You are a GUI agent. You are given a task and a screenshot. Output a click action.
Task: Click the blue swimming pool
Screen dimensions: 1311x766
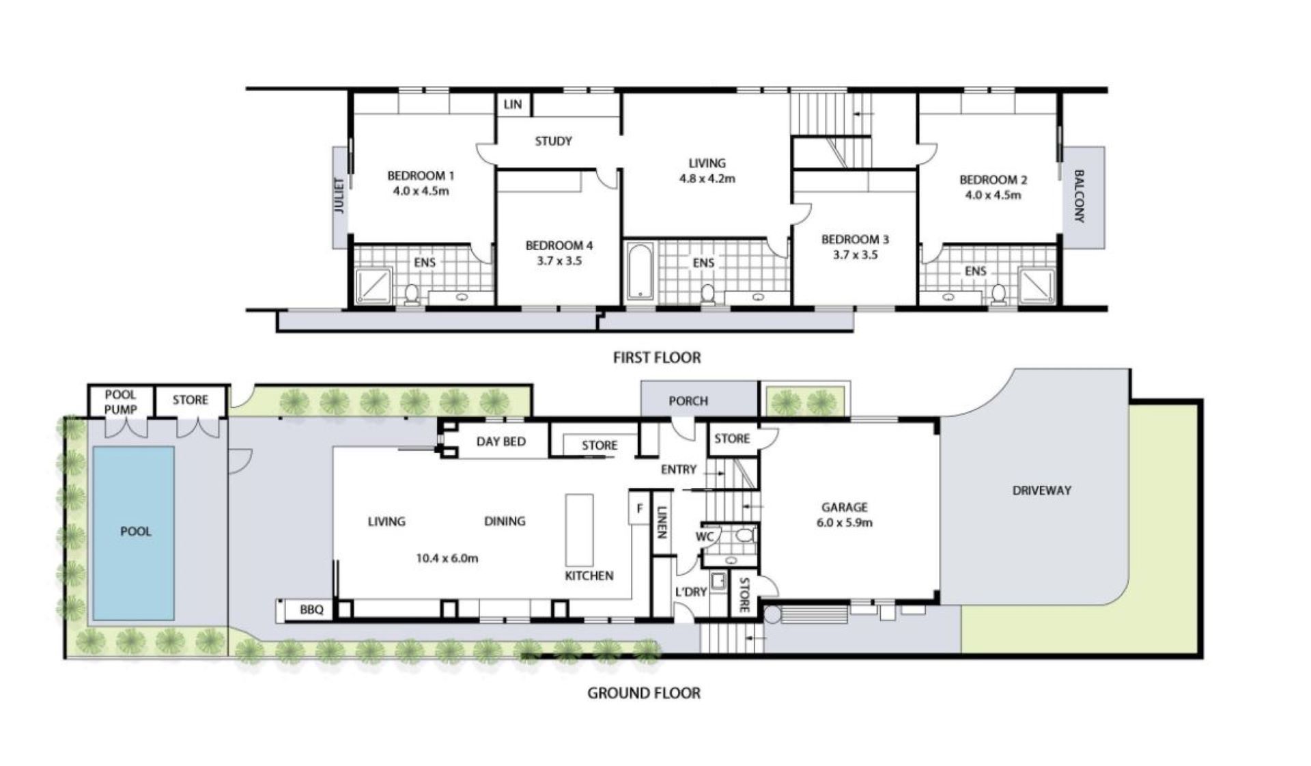point(133,533)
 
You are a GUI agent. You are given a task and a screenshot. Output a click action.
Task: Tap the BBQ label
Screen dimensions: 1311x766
point(311,610)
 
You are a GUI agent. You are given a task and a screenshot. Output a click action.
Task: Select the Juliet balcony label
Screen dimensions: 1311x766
point(339,196)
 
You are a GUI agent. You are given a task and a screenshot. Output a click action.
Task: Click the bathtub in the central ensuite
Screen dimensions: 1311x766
point(640,271)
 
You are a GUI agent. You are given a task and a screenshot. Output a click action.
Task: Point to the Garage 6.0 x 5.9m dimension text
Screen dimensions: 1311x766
point(845,523)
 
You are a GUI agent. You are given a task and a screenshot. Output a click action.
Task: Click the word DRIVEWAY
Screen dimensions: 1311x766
point(1041,490)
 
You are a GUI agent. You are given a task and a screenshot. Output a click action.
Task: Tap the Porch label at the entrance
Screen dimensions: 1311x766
point(688,401)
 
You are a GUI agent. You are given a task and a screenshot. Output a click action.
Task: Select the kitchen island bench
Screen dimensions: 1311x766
point(579,530)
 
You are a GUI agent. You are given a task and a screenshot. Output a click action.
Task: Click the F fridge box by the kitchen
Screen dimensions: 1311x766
point(639,508)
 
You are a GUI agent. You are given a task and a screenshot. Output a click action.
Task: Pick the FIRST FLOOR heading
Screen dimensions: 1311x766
point(657,357)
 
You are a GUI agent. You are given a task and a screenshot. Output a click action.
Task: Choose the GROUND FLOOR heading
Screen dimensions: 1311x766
point(644,693)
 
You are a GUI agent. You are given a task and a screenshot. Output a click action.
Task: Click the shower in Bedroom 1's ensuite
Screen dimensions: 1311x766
point(373,286)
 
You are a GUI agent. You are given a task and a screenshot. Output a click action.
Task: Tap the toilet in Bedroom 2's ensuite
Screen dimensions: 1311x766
point(998,294)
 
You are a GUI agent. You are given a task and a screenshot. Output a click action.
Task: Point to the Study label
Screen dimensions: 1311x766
point(553,141)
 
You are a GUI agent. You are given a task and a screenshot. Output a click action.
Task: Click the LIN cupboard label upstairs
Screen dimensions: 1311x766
point(513,104)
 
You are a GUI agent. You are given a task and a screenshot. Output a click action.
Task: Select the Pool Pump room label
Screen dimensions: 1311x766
point(121,402)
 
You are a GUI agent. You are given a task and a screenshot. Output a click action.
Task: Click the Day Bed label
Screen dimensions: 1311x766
point(501,441)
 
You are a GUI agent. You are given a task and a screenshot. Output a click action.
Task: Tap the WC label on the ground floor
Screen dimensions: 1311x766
point(704,536)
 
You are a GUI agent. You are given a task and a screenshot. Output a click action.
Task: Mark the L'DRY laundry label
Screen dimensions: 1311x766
point(690,591)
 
